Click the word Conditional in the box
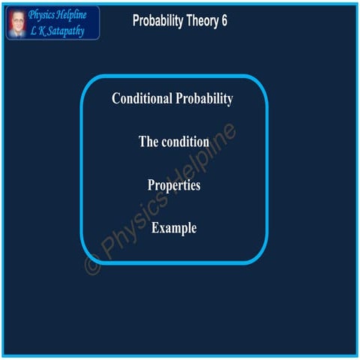pos(142,99)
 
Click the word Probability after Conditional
pos(203,99)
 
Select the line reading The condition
pos(174,142)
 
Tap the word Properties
pos(174,184)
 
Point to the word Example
pos(174,227)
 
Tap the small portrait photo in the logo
pos(16,22)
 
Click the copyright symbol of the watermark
pos(92,265)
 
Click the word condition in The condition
pos(184,142)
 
